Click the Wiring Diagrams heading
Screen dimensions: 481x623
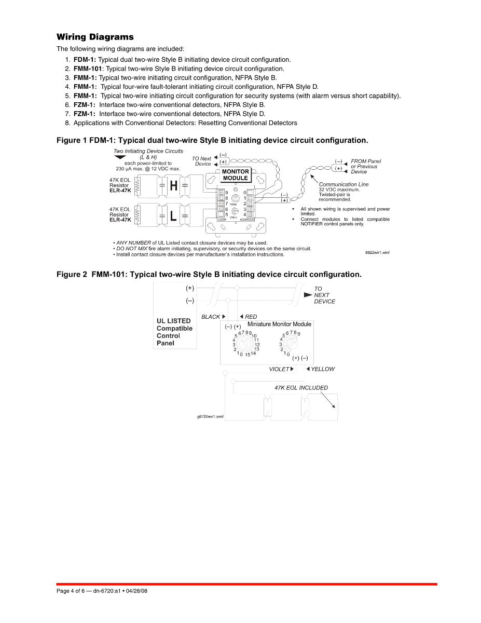click(95, 37)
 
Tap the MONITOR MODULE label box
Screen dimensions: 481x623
click(236, 174)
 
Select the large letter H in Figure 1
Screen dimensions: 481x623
click(174, 186)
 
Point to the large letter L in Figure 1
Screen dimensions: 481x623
click(173, 216)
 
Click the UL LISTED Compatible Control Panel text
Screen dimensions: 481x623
click(174, 332)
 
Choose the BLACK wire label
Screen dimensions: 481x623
click(211, 317)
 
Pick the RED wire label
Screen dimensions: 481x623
click(251, 317)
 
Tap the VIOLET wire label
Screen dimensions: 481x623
click(279, 369)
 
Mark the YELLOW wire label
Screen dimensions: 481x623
click(323, 369)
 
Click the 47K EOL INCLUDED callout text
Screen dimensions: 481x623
click(301, 388)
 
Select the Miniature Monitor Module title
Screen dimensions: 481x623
click(279, 324)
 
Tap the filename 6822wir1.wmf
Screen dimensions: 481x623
click(377, 253)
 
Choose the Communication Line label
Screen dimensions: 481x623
click(344, 184)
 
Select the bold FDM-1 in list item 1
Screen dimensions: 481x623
click(85, 60)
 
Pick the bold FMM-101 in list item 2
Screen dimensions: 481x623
click(88, 69)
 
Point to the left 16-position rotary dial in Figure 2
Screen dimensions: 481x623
click(245, 344)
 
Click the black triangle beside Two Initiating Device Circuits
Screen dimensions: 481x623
click(120, 157)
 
